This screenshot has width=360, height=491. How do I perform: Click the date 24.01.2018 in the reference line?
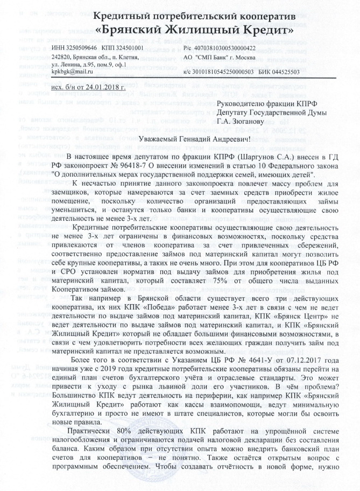(105, 87)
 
